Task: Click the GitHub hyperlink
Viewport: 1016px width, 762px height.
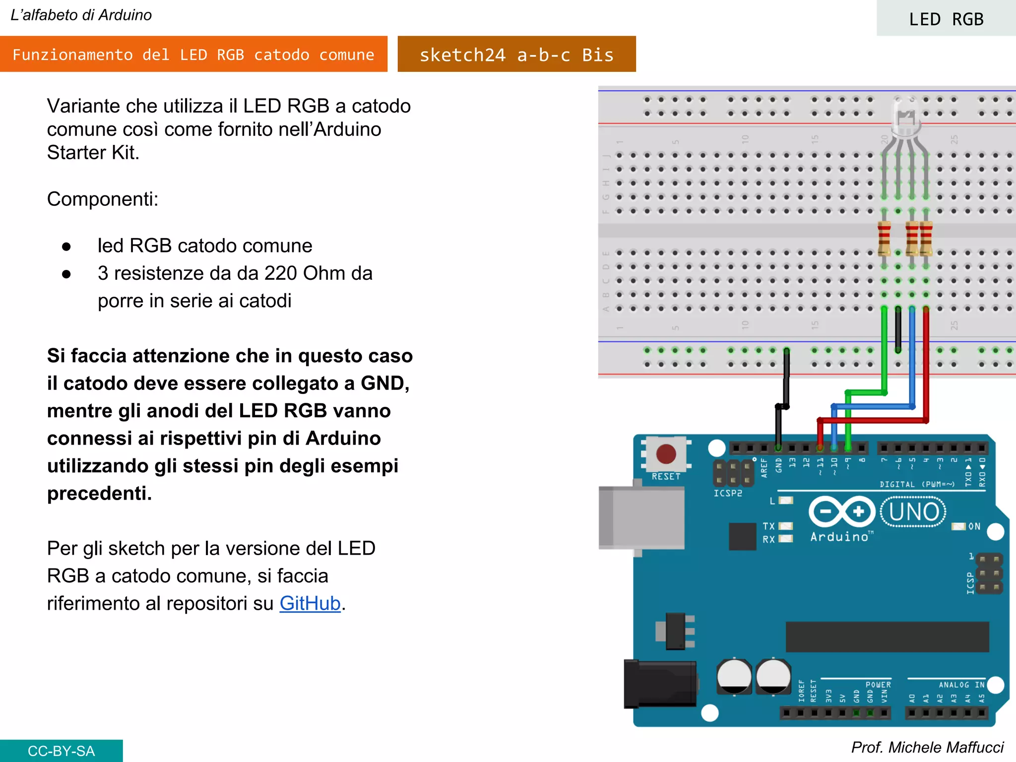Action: [x=310, y=603]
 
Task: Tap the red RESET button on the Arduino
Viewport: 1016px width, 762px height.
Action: [x=666, y=453]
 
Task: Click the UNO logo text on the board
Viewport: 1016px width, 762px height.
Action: [x=913, y=512]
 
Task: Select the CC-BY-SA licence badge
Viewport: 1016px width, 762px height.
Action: [x=61, y=751]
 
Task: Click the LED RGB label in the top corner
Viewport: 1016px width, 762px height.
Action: [x=946, y=19]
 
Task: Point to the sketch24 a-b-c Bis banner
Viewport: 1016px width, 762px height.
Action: [x=516, y=55]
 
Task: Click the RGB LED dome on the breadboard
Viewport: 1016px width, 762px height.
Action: [x=906, y=117]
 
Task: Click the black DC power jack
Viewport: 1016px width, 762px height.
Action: [x=660, y=684]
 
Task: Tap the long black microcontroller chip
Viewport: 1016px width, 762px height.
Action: [x=887, y=636]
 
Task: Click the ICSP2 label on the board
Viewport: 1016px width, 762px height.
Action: [x=728, y=493]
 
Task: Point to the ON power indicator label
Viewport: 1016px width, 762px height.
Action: [x=974, y=526]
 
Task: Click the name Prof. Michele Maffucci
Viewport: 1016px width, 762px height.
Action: [x=927, y=747]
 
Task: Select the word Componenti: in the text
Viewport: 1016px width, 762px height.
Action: [x=103, y=199]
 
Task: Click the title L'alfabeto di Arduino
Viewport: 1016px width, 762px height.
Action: [x=81, y=15]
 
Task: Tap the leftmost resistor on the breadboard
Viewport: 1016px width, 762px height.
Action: [x=884, y=239]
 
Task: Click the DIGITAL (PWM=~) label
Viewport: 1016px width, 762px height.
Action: [x=917, y=484]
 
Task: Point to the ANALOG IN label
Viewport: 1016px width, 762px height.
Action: [x=961, y=685]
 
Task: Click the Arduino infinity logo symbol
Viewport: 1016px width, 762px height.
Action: [x=842, y=511]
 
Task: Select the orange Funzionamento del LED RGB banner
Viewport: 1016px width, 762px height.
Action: [x=193, y=55]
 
